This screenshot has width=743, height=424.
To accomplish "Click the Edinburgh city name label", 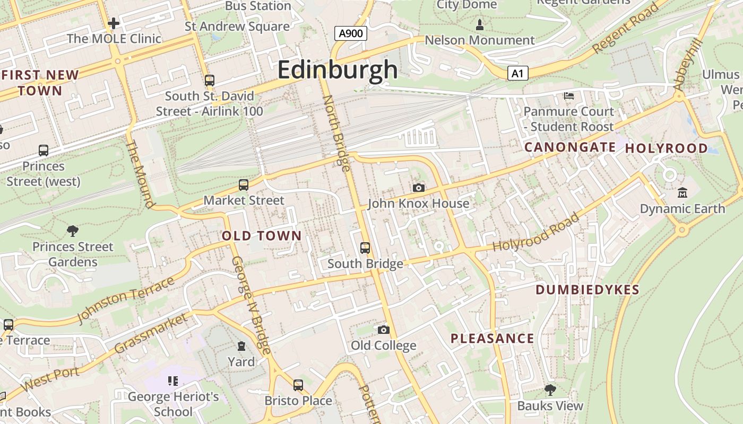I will click(x=338, y=70).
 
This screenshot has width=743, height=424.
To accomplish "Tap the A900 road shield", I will click(x=351, y=34).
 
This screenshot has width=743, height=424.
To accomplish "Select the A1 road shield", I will click(x=517, y=73).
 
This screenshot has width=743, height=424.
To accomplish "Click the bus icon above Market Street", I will click(x=244, y=185).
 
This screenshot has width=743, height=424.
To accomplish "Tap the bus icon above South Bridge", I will click(x=365, y=248).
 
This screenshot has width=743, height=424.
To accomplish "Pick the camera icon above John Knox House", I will click(x=419, y=188).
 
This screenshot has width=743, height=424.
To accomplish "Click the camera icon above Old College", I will click(x=384, y=330).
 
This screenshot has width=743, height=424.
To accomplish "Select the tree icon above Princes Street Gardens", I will click(x=73, y=231).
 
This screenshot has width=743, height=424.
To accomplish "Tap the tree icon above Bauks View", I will click(x=550, y=390).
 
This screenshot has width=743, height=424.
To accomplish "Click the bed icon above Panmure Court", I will click(x=569, y=96).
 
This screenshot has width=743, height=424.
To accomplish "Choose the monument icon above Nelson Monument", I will click(x=480, y=24).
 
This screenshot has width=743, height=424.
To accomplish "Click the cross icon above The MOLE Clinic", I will click(x=114, y=23).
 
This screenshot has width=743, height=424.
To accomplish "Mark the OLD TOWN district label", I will click(x=262, y=236).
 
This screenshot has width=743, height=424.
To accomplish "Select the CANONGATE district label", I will click(x=570, y=147).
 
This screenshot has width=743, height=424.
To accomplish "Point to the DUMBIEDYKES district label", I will click(x=588, y=290).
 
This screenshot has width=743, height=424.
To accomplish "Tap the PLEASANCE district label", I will click(x=493, y=339).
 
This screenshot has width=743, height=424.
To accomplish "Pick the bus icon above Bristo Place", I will click(x=298, y=385).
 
